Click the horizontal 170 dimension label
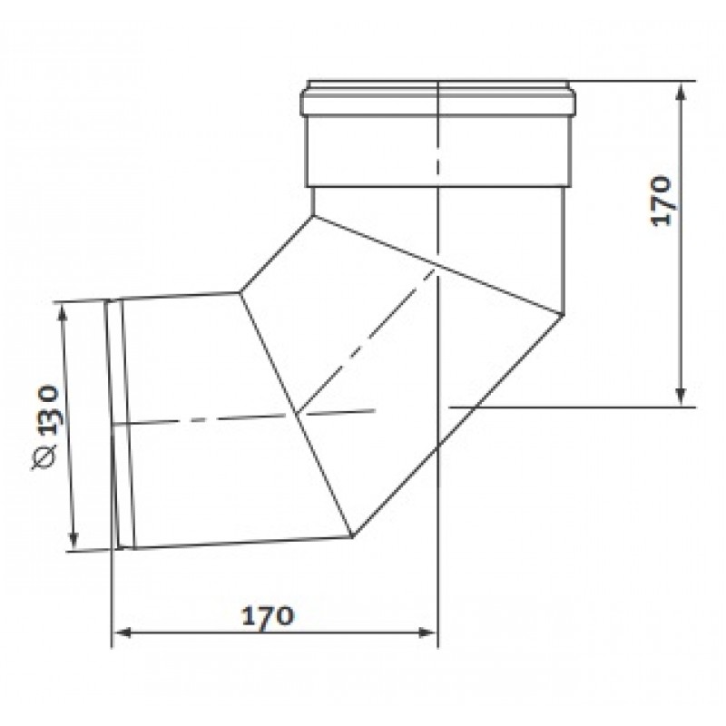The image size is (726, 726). click(x=268, y=616)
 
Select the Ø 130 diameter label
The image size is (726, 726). click(x=46, y=427)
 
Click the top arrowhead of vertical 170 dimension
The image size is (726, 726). click(x=680, y=90)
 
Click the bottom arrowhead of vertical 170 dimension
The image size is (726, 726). click(x=680, y=397)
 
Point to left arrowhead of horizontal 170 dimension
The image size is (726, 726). click(x=122, y=633)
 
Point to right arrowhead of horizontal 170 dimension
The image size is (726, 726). click(x=427, y=633)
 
